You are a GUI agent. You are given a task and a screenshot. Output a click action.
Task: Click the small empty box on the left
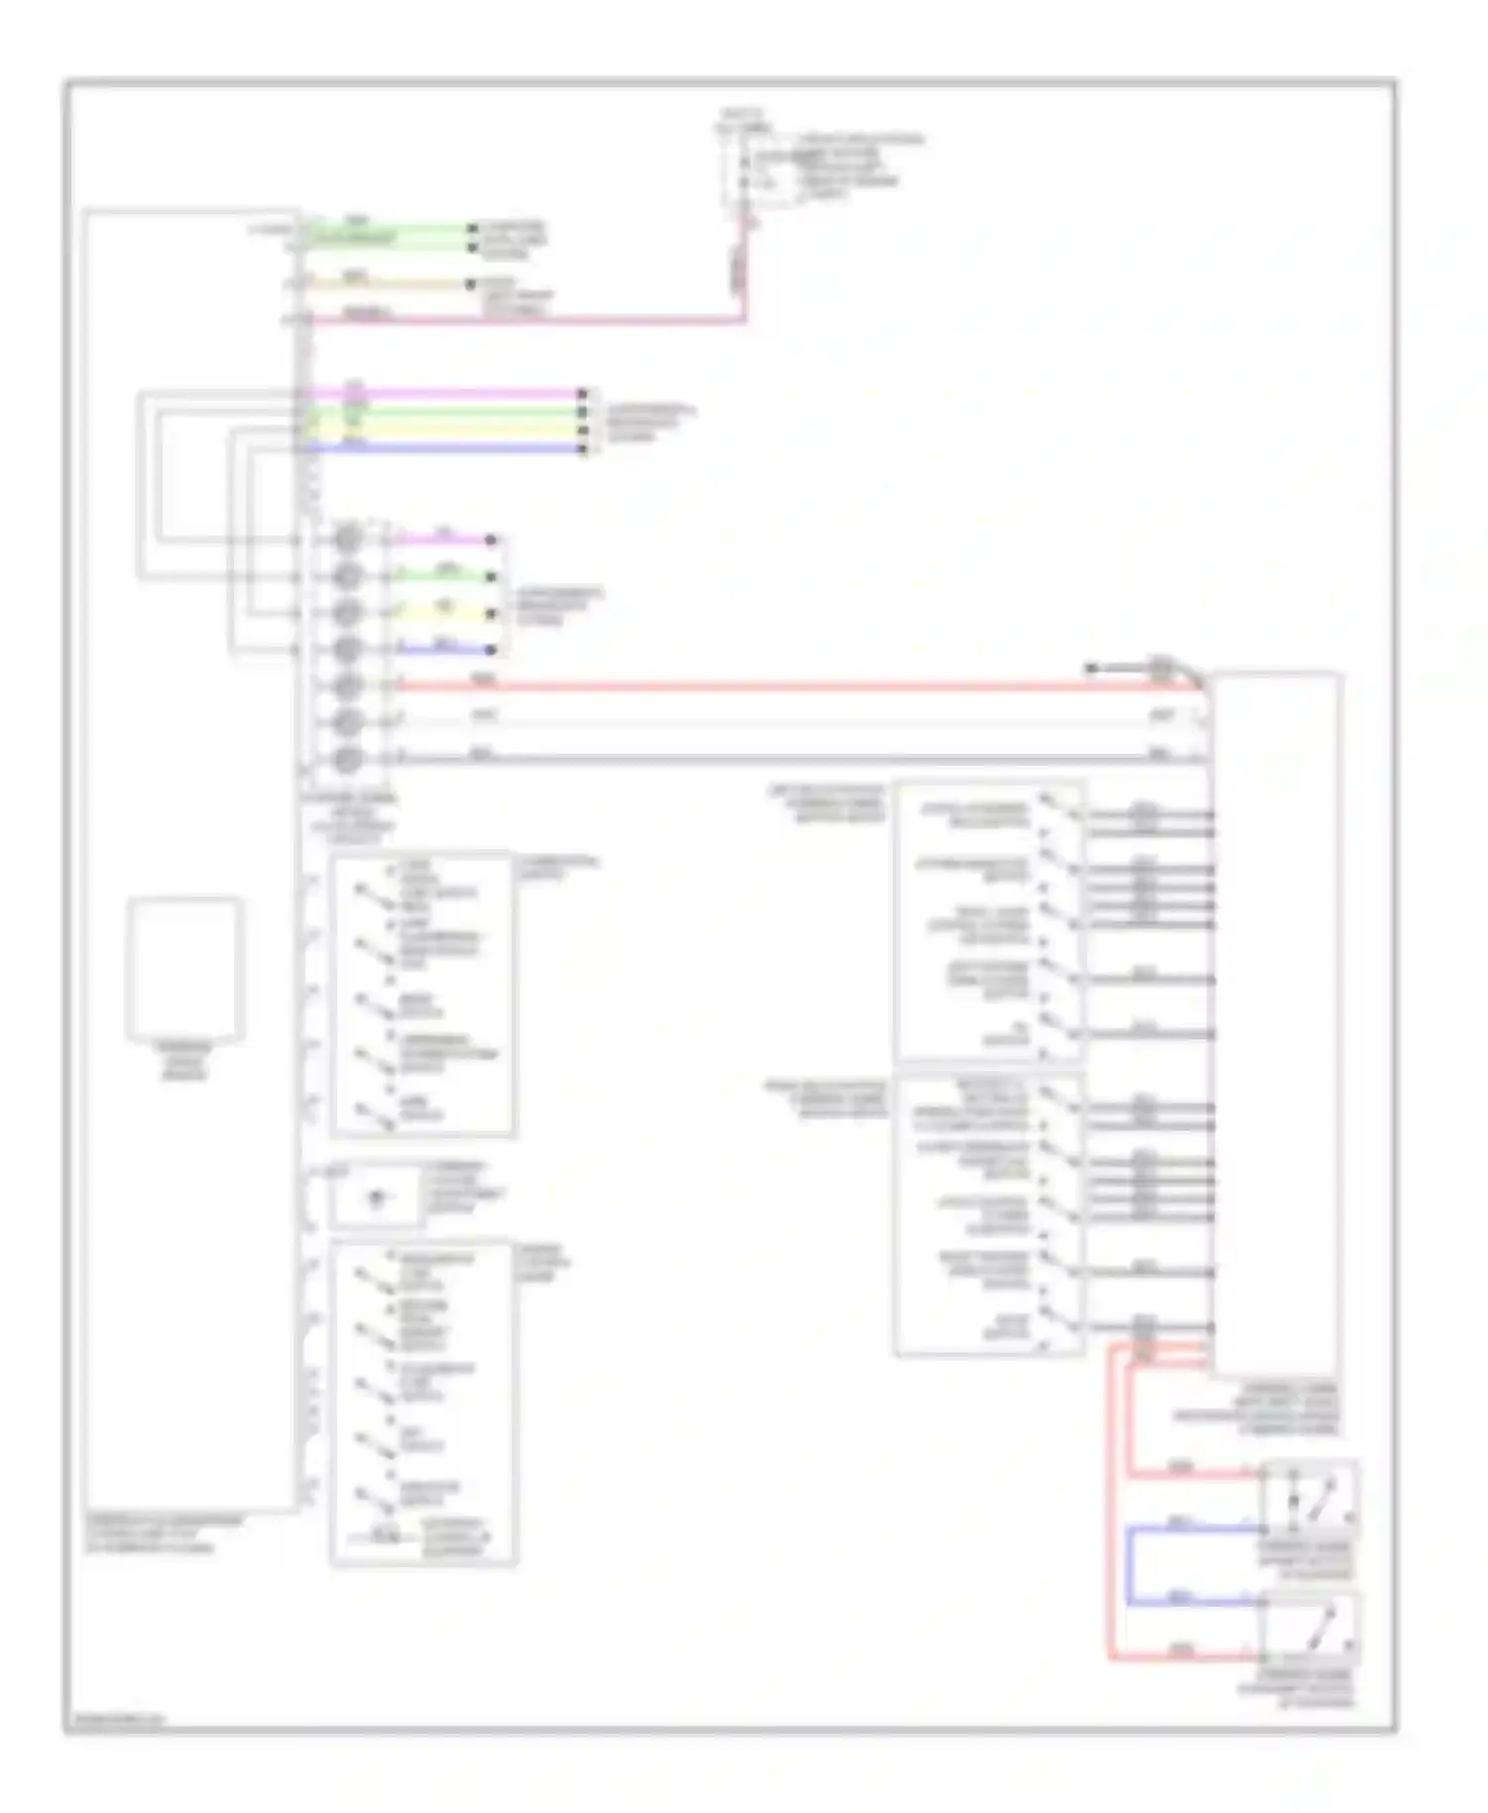pos(185,969)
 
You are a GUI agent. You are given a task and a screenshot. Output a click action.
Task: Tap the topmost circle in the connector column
pos(346,541)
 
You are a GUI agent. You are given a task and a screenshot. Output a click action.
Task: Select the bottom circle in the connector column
pos(346,760)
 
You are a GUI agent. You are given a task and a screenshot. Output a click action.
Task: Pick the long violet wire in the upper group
pos(446,394)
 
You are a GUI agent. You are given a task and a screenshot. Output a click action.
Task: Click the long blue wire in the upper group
pos(446,448)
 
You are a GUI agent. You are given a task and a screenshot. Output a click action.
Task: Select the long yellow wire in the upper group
pos(446,430)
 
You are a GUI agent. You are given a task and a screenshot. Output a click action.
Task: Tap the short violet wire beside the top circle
pos(442,541)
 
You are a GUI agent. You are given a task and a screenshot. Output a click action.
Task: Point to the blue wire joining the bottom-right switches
pos(1129,1565)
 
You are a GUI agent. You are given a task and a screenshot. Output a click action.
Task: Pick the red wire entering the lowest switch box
pos(1180,1655)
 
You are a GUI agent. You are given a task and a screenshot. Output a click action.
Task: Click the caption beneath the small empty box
pos(184,1060)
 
